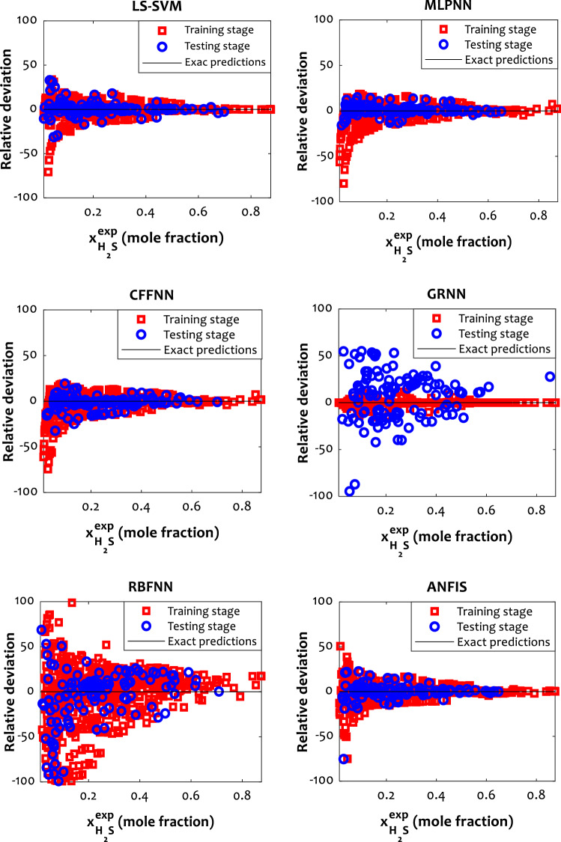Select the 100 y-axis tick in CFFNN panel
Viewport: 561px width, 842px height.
click(x=28, y=308)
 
